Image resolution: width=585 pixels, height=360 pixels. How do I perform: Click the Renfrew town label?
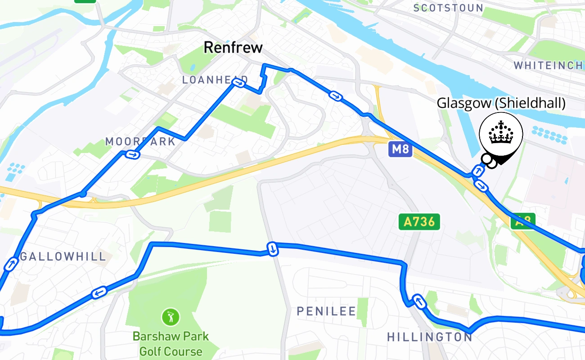[233, 47]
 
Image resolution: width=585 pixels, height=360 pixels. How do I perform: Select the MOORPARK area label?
[140, 142]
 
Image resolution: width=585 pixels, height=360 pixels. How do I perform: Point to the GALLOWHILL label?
[63, 256]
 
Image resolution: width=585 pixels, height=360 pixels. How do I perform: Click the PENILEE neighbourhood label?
[326, 311]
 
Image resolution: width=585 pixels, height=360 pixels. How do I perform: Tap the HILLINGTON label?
[429, 337]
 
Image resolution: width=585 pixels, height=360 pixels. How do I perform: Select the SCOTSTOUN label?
[448, 8]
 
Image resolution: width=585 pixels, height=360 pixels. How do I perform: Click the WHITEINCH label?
[548, 66]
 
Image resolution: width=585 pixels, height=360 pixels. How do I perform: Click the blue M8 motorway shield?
[400, 149]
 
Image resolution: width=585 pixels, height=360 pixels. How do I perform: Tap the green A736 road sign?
[419, 221]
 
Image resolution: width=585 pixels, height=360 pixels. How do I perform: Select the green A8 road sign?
[523, 221]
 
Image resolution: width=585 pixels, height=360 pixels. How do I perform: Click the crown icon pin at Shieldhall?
[501, 134]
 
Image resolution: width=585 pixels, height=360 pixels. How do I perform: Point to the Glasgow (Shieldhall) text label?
[501, 103]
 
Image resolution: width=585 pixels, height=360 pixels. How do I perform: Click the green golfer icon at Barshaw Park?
[171, 317]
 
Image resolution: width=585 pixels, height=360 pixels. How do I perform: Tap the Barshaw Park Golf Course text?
[171, 344]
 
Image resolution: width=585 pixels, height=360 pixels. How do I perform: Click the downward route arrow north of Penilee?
[272, 249]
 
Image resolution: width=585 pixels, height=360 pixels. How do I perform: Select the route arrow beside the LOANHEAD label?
[240, 83]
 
